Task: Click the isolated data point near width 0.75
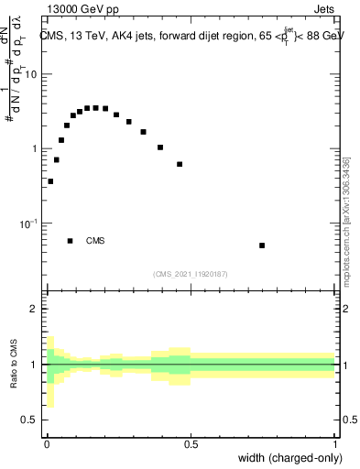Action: click(262, 245)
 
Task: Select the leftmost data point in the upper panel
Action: click(50, 181)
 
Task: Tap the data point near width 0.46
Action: click(180, 165)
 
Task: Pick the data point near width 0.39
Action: click(159, 147)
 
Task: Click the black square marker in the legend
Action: click(71, 241)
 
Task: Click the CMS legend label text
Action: click(95, 241)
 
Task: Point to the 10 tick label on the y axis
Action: click(33, 74)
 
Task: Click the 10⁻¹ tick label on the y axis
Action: click(30, 224)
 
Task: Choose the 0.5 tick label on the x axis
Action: click(191, 444)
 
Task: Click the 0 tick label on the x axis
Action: click(46, 444)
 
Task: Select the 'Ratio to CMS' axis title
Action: click(13, 365)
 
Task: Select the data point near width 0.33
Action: click(143, 132)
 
